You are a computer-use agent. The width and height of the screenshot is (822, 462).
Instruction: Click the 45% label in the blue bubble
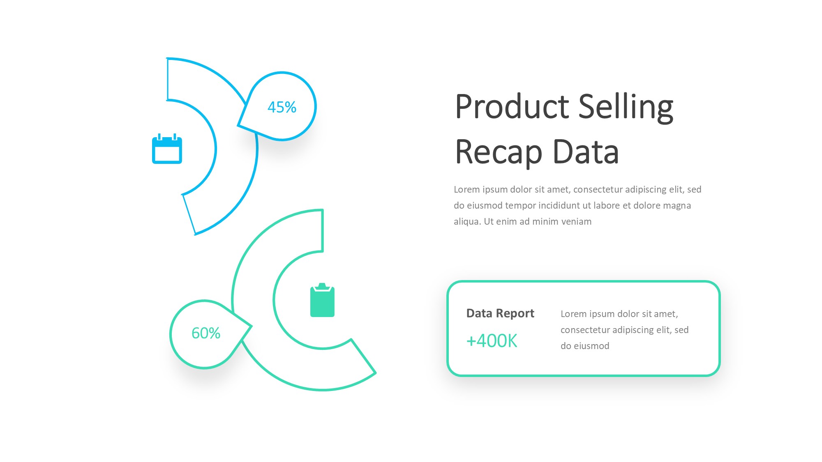click(282, 107)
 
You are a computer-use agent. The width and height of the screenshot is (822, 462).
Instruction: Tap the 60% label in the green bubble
click(206, 333)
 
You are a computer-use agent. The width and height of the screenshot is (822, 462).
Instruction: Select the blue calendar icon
click(167, 149)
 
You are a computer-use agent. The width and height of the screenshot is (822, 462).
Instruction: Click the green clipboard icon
click(322, 300)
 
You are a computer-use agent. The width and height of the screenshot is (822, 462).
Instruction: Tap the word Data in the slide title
click(586, 152)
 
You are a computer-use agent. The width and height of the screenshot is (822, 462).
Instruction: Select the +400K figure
click(492, 341)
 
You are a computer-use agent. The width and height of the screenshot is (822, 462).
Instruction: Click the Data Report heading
click(500, 313)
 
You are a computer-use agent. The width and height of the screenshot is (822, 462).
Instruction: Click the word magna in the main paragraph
click(678, 206)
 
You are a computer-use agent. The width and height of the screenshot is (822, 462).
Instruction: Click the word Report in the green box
click(515, 314)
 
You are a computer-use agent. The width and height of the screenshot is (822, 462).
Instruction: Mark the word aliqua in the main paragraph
click(467, 222)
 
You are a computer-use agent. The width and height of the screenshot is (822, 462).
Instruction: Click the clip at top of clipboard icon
click(322, 286)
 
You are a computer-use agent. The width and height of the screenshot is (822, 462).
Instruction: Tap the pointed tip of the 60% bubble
click(251, 326)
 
